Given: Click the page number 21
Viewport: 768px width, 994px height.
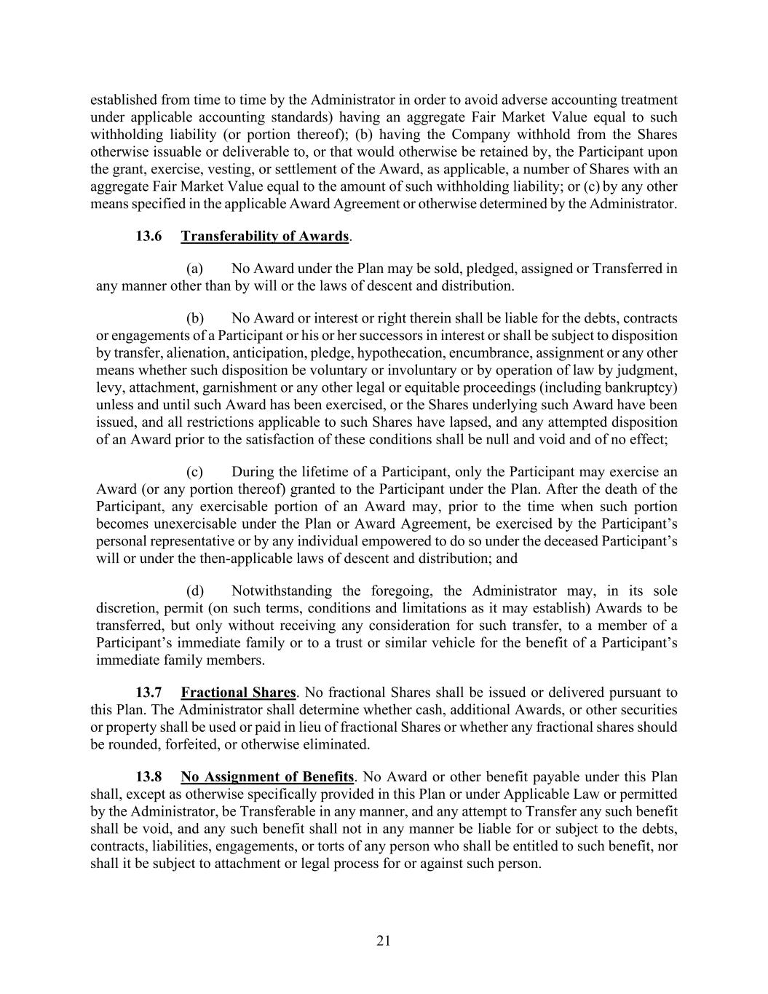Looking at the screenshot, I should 384,941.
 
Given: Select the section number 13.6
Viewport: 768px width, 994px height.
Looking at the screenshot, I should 149,236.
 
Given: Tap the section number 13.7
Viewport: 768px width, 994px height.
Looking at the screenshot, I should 149,692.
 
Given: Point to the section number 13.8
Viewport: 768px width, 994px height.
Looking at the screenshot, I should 149,776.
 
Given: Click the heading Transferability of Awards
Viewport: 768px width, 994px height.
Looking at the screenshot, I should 265,236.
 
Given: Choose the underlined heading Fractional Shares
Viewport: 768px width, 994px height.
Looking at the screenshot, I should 239,692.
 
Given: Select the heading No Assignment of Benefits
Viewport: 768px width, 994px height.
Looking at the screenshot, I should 267,776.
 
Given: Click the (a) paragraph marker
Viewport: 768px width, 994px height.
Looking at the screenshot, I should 194,268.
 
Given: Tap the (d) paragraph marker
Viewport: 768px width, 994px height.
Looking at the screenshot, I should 195,591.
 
